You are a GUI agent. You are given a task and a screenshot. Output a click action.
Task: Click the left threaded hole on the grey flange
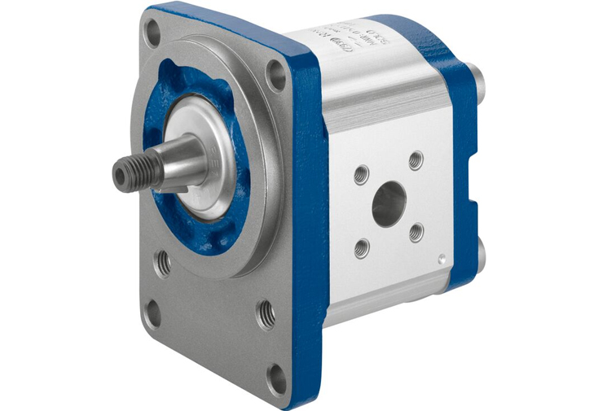(x=165, y=262)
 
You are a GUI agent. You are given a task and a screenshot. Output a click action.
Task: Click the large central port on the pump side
(x=389, y=204)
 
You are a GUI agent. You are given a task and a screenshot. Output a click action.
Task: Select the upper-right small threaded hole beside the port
(x=416, y=160)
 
